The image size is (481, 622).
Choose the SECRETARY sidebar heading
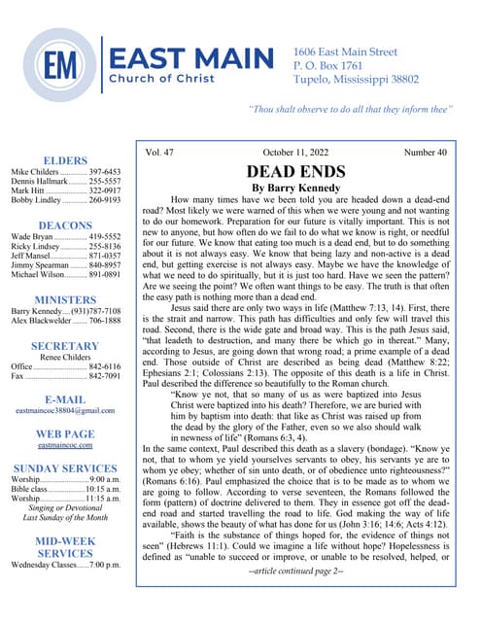click(x=67, y=347)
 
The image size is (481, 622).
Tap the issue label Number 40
click(x=428, y=152)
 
